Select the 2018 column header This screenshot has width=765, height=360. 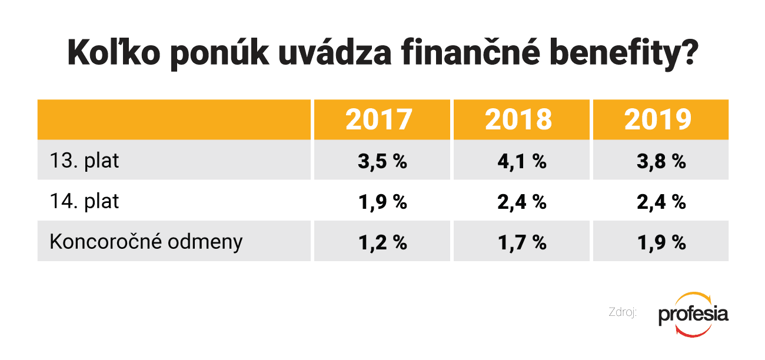pos(518,119)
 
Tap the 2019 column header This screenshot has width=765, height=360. pos(658,119)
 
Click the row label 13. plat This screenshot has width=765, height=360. pos(85,161)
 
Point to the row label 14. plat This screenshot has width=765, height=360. pos(85,201)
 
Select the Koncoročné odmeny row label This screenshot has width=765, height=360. pos(146,242)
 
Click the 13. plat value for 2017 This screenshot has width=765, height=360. pos(382,161)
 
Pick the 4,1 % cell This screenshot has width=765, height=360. pos(522,161)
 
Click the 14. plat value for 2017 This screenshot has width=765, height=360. pos(382,202)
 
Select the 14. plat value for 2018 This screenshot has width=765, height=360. pos(522,202)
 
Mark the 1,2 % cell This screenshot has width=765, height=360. pos(382,242)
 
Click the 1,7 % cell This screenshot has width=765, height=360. pos(522,242)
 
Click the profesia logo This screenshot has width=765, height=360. pos(693,314)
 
